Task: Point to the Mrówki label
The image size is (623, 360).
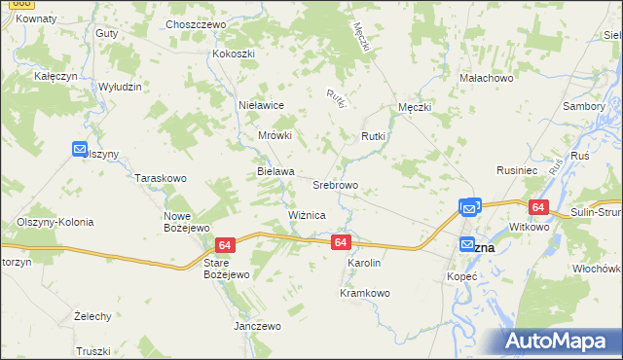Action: (x=275, y=136)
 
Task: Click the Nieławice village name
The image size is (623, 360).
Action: (x=261, y=104)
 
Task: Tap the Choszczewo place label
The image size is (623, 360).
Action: (x=196, y=23)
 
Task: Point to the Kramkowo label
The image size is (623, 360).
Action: (x=364, y=293)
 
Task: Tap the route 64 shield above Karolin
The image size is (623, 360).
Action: (x=340, y=241)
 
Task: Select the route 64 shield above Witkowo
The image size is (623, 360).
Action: (x=538, y=207)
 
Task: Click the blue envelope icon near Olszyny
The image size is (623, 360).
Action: (x=80, y=149)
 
